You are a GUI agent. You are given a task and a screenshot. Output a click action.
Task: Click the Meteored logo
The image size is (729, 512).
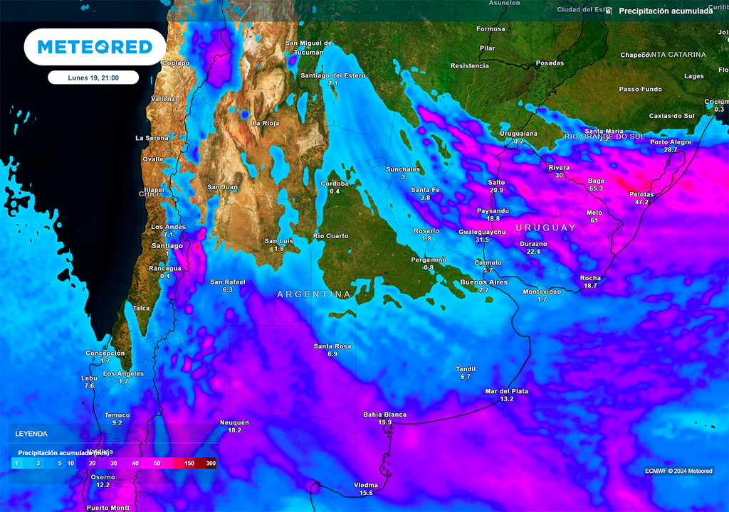click(x=95, y=47)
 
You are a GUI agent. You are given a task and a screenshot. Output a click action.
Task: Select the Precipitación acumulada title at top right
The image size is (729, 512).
click(x=665, y=11)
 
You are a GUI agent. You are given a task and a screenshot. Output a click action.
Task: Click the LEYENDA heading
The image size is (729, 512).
click(x=31, y=433)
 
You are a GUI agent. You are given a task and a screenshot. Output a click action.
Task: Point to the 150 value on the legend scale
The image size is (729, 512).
click(x=189, y=464)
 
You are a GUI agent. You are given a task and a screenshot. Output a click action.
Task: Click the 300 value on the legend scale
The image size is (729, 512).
click(x=210, y=464)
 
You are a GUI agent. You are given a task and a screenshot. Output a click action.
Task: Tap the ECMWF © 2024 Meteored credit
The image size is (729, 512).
click(x=678, y=471)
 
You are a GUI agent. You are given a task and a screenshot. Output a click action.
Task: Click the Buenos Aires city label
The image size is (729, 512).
click(x=484, y=282)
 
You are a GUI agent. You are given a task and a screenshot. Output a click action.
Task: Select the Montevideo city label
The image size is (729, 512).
click(x=542, y=292)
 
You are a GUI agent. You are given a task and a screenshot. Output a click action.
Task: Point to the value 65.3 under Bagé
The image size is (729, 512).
click(x=596, y=188)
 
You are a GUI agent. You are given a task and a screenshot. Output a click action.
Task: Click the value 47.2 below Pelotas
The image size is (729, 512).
click(x=641, y=202)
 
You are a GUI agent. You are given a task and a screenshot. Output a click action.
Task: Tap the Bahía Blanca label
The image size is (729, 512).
click(x=384, y=414)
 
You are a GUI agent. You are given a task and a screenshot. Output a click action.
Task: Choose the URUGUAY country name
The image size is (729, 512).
click(x=545, y=228)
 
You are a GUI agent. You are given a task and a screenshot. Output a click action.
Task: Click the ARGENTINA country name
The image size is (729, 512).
click(x=314, y=294)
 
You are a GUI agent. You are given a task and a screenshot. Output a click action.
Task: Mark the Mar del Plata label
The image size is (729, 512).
click(x=506, y=391)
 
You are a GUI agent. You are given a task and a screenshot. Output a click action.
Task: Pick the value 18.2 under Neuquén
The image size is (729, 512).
click(x=234, y=430)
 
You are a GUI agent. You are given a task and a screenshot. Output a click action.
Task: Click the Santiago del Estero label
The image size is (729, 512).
click(x=332, y=75)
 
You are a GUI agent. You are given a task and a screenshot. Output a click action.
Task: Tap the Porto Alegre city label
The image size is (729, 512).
click(x=671, y=142)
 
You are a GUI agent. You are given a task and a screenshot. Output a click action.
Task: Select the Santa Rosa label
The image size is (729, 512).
click(x=332, y=346)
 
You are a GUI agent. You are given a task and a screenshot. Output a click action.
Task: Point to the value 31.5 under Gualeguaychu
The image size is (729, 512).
click(x=482, y=240)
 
